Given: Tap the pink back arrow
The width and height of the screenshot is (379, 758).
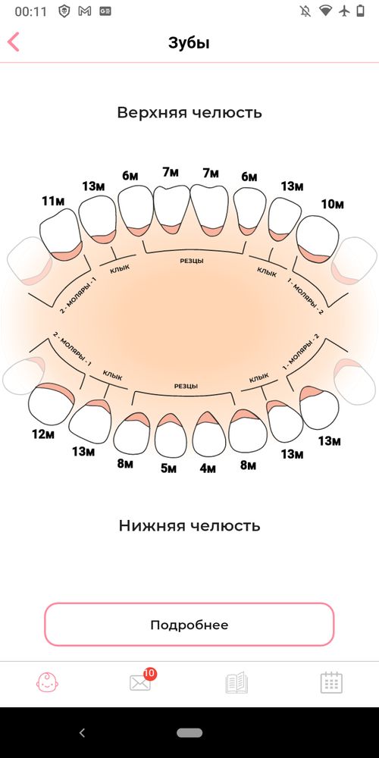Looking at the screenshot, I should pyautogui.click(x=13, y=42).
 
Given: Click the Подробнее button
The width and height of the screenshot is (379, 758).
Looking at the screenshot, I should pyautogui.click(x=189, y=625).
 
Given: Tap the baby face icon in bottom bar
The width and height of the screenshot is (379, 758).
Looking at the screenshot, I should pyautogui.click(x=48, y=682).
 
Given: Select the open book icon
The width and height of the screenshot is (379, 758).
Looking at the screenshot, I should pyautogui.click(x=236, y=682).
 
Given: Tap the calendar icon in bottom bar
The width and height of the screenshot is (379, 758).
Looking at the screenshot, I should pyautogui.click(x=331, y=682).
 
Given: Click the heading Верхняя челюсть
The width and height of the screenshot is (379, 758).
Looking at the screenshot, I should pyautogui.click(x=189, y=113).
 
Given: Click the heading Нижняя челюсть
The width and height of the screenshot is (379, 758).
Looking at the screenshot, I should pyautogui.click(x=189, y=525).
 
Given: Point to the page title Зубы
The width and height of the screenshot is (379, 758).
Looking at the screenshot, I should pyautogui.click(x=189, y=42).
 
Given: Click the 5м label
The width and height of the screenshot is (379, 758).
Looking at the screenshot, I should pyautogui.click(x=168, y=468).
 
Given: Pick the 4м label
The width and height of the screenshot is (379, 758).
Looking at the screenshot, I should pyautogui.click(x=208, y=468).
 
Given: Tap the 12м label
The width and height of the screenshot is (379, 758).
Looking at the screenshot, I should pyautogui.click(x=43, y=434).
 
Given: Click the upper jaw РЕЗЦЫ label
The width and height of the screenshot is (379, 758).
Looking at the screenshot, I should pyautogui.click(x=189, y=261).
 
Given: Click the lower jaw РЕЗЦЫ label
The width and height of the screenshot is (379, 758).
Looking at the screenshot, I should pyautogui.click(x=186, y=386).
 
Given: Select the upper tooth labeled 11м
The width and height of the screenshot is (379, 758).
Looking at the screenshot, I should pyautogui.click(x=59, y=235).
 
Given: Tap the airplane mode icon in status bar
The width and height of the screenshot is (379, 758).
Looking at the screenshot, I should pyautogui.click(x=346, y=11).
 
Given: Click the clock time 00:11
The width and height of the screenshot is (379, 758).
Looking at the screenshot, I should pyautogui.click(x=27, y=11).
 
